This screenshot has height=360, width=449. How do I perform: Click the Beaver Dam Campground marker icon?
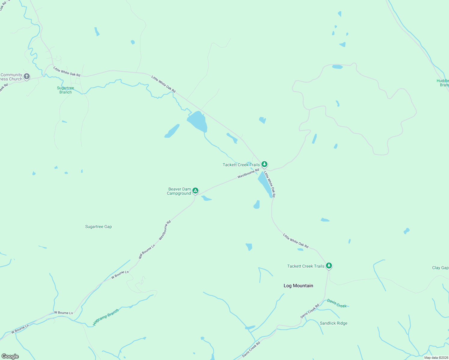[195, 190]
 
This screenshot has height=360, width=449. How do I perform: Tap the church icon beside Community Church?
[27, 76]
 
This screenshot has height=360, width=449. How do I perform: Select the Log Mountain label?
[298, 286]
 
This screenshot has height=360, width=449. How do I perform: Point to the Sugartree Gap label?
[98, 227]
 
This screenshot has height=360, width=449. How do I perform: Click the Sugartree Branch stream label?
[65, 90]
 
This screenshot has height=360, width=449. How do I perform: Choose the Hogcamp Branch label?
[106, 317]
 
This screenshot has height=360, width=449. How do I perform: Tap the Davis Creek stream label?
[337, 303]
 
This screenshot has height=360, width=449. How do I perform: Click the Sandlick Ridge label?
[333, 323]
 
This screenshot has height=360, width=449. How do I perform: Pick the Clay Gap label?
[440, 268]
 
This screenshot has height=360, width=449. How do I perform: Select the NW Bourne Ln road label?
[147, 251]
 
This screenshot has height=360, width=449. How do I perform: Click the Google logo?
[10, 356]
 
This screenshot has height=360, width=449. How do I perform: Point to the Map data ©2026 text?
[436, 358]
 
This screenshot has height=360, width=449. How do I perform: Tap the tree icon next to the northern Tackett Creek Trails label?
[264, 164]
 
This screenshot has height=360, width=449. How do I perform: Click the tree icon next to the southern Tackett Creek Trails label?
[329, 265]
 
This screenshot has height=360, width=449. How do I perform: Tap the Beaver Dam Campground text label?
[179, 191]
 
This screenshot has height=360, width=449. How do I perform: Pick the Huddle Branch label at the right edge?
[443, 83]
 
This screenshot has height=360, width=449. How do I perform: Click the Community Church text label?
[11, 77]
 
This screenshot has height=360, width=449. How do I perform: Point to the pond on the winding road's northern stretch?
[337, 67]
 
